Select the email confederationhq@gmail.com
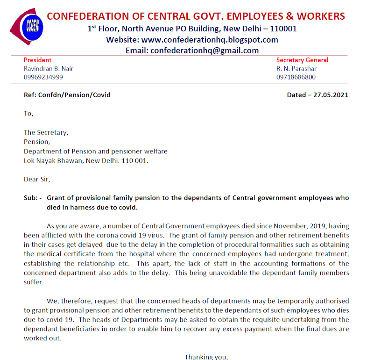(x=204, y=50)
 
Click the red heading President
(x=37, y=60)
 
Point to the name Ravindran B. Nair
(x=49, y=68)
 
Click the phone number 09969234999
(x=43, y=77)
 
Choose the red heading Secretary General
(x=302, y=60)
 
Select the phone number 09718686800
(x=296, y=77)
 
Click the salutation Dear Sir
(x=36, y=179)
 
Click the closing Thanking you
(x=206, y=357)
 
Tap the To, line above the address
(x=28, y=113)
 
